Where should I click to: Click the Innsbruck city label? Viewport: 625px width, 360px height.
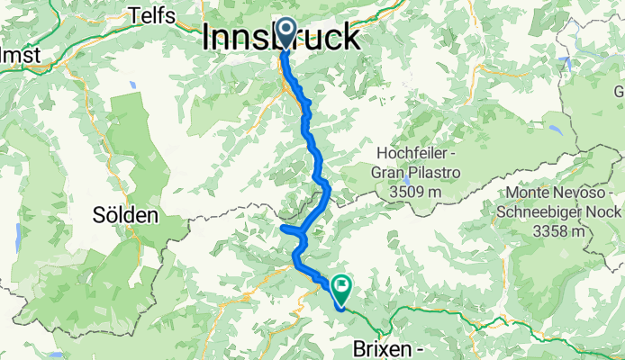point(283,37)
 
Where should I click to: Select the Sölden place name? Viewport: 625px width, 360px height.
point(126,215)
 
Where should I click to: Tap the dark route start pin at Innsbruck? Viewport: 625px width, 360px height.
point(285,33)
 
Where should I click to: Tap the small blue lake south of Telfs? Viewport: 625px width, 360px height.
point(133,85)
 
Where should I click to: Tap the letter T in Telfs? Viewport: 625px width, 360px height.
point(133,14)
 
